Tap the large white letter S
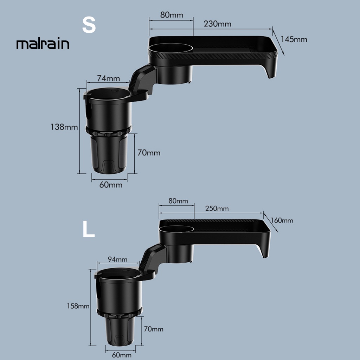pyautogui.click(x=89, y=25)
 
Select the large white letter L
pyautogui.click(x=88, y=229)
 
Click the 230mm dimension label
pyautogui.click(x=217, y=24)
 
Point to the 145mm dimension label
pyautogui.click(x=294, y=39)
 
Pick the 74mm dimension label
pyautogui.click(x=108, y=78)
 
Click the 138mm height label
pyautogui.click(x=64, y=127)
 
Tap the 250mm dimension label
pyautogui.click(x=217, y=208)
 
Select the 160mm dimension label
pyautogui.click(x=282, y=220)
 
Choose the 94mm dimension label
pyautogui.click(x=117, y=259)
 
